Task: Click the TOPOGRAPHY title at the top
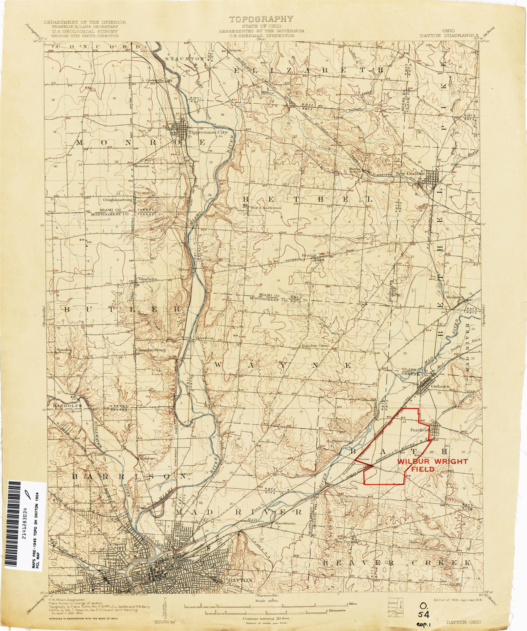pos(261,19)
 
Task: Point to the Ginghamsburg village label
pos(118,200)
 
